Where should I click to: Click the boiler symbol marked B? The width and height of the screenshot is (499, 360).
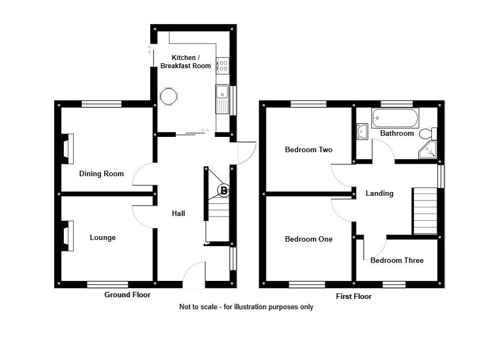coord(224,191)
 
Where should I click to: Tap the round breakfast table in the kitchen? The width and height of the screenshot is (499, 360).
coord(169,97)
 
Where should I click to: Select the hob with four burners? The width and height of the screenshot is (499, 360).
coord(222,65)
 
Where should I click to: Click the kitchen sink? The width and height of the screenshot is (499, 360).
coord(222,98)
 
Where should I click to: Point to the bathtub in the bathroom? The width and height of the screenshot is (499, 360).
coord(395,118)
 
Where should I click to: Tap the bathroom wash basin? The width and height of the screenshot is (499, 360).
coord(362,131)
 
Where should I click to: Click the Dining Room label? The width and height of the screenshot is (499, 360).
coord(102,174)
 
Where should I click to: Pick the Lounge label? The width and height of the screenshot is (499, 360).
coord(103,238)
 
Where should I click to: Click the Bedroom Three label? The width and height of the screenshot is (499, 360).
coord(397,261)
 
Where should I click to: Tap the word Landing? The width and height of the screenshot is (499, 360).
coord(379,193)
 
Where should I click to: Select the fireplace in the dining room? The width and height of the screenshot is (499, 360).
coord(67,148)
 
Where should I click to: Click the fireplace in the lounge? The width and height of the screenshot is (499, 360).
coord(67,236)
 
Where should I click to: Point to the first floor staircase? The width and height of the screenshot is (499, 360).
coord(425,211)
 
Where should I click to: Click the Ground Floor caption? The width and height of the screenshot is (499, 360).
coord(127,295)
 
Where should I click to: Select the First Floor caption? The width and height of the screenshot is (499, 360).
coord(354,297)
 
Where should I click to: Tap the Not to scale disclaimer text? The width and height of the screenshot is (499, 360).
coord(246,307)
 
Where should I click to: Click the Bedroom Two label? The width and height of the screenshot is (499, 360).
coord(308,150)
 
